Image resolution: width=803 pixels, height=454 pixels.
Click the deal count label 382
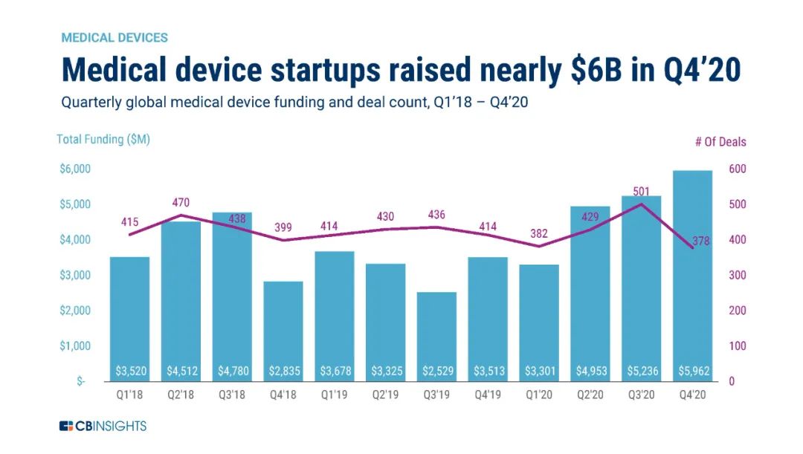pos(539,234)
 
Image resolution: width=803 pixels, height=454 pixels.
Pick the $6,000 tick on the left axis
pos(74,169)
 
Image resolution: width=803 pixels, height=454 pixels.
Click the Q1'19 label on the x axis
pos(334,395)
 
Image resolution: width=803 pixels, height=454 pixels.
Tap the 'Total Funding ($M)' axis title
pos(103,140)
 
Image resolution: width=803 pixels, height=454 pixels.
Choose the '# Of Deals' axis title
pos(720,142)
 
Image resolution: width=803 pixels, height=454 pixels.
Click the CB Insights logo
pos(103,426)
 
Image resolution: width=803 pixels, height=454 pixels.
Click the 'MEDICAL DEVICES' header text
pos(115,37)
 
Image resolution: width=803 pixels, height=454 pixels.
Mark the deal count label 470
pos(181,201)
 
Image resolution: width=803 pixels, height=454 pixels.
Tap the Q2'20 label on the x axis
pos(590,395)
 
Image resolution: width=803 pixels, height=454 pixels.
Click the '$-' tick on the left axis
pos(81,381)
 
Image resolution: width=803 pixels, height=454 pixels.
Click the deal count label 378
pos(700,241)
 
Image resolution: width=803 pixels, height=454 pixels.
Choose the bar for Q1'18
pos(129,319)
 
